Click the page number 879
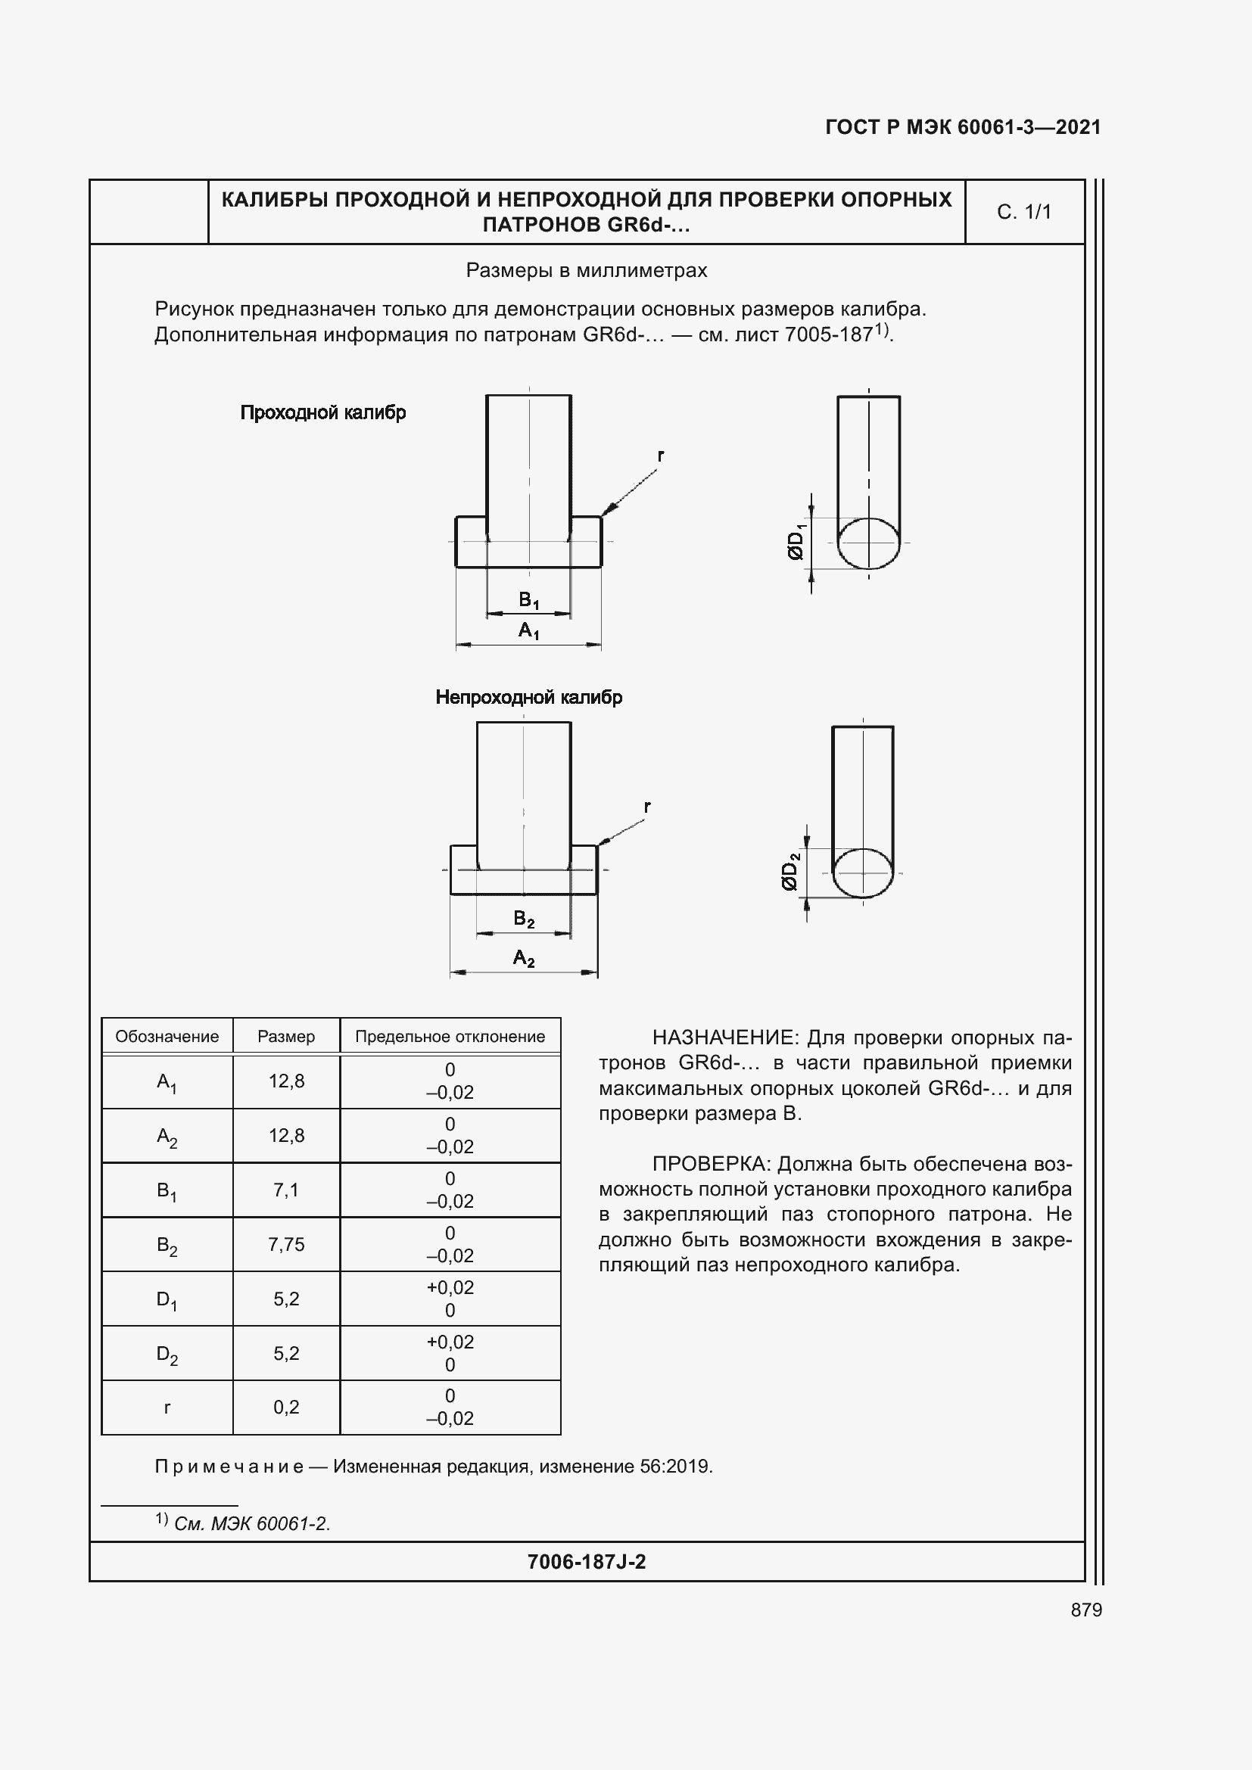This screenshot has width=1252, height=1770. tap(1085, 1610)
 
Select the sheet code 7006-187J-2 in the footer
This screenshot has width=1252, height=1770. tap(586, 1562)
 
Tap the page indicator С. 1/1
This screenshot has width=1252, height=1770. tap(1024, 212)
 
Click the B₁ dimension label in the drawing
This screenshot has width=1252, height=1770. tap(528, 599)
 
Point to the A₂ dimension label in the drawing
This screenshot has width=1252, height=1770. tap(524, 958)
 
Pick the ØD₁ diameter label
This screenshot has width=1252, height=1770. tap(796, 541)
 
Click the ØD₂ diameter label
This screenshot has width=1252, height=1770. tap(790, 872)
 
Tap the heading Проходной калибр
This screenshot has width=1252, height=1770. tap(323, 412)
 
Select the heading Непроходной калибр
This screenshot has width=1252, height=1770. tap(529, 697)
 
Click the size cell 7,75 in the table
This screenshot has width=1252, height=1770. tap(286, 1244)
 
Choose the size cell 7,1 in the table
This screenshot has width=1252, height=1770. tap(286, 1190)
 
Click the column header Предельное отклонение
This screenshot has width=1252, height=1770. tap(450, 1036)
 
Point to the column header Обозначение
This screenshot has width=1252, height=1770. tap(167, 1036)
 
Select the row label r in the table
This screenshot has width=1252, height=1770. tap(167, 1407)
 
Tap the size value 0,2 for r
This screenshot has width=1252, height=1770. tap(286, 1407)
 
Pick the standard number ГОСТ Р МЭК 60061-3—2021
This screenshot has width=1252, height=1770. tap(962, 127)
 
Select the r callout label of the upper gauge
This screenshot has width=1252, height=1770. tap(661, 456)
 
